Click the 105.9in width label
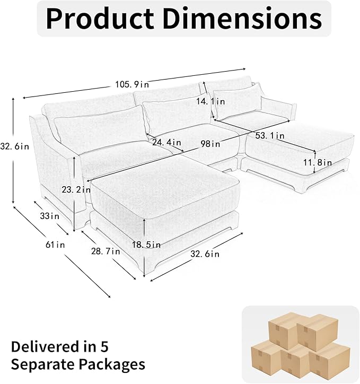pos(132,84)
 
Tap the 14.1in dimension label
pos(210,101)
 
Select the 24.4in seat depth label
pos(166,142)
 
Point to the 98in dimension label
pos(210,144)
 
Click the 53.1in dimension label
pos(270,135)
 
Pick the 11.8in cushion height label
pos(318,162)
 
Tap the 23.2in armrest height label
pos(76,189)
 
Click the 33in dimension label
pos(50,216)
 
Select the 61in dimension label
pos(55,245)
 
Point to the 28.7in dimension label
pos(106,251)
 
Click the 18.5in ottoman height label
pos(146,245)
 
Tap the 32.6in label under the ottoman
pos(205,254)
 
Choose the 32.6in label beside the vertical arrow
pos(15,146)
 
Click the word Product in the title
pos(100,19)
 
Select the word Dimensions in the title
pos(242,19)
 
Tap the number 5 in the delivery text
pos(104,347)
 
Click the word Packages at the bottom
pos(111,364)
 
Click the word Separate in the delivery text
pos(43,364)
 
